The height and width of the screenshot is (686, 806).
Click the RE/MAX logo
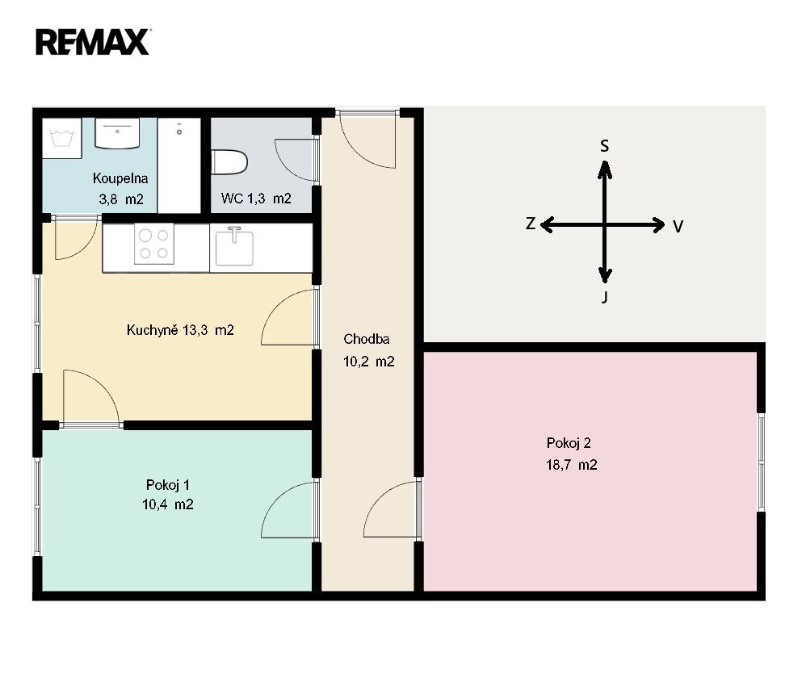(x=93, y=42)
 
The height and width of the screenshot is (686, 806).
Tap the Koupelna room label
(x=120, y=178)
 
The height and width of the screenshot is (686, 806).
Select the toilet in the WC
(x=229, y=162)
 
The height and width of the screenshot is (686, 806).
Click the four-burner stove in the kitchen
(x=154, y=244)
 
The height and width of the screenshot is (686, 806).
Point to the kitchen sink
(x=234, y=247)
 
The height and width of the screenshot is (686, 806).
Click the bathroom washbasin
(x=118, y=134)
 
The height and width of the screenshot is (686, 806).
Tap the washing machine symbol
(x=61, y=138)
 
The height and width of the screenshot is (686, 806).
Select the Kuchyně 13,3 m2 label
(x=180, y=330)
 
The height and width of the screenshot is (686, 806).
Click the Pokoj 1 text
(x=168, y=485)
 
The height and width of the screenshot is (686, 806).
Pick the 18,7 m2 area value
(x=572, y=465)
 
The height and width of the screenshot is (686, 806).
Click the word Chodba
(x=367, y=339)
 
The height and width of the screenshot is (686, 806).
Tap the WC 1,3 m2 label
(x=257, y=199)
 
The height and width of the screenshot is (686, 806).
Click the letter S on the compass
(x=604, y=146)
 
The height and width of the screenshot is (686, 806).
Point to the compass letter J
(x=605, y=297)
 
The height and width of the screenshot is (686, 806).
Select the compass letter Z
(x=531, y=224)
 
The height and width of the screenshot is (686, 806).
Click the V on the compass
(x=678, y=227)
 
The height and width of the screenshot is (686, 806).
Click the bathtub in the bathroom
(x=178, y=165)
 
